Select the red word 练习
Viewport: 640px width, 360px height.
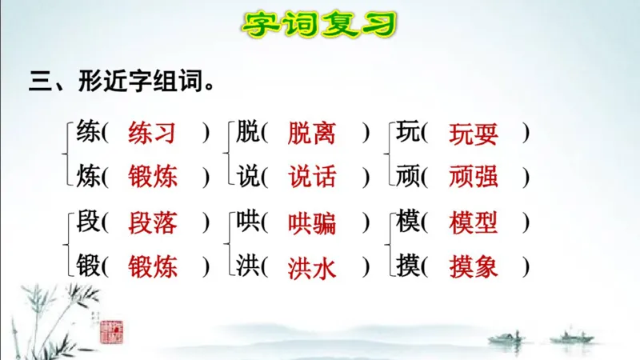tap(152, 133)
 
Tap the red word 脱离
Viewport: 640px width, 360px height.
tap(312, 133)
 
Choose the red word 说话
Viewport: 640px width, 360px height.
tap(312, 176)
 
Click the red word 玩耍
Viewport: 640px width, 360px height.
tap(474, 133)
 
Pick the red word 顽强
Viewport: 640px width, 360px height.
tap(474, 176)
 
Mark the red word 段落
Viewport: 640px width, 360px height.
tap(152, 223)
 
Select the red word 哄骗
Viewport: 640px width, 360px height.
tap(312, 223)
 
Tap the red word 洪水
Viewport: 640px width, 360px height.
tap(312, 266)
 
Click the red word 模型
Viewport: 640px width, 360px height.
tap(474, 223)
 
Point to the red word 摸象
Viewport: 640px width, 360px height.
tap(474, 266)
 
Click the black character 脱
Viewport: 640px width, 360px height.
tap(248, 133)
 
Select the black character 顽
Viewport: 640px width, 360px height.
tap(408, 176)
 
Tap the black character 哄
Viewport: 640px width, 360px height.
tap(248, 223)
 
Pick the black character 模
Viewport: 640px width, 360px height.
tap(408, 223)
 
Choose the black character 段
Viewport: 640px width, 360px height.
tap(88, 223)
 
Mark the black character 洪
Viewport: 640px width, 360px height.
tap(248, 266)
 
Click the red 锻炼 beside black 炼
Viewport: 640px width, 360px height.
tap(152, 176)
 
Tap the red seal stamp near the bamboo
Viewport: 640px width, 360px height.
tap(111, 330)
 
